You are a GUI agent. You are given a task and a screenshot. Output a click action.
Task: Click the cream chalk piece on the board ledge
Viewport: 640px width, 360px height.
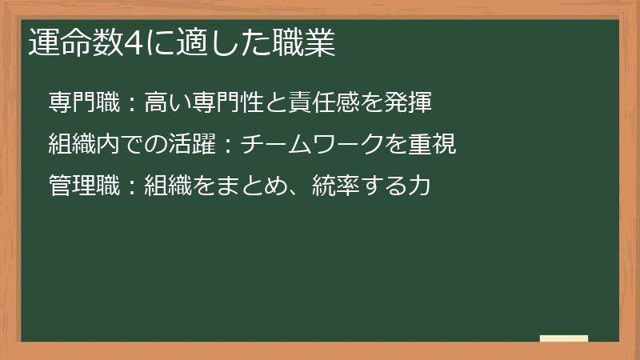pyautogui.click(x=564, y=338)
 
